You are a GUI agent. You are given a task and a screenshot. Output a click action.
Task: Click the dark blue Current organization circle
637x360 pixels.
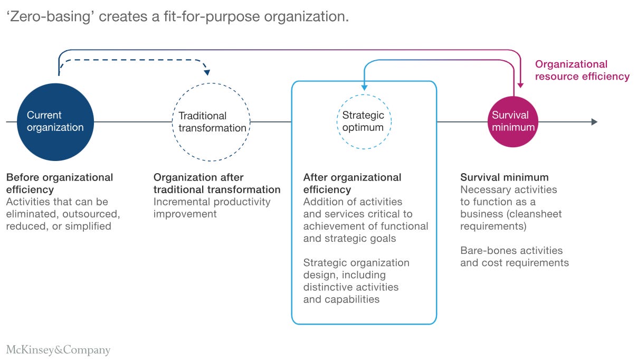pyautogui.click(x=55, y=122)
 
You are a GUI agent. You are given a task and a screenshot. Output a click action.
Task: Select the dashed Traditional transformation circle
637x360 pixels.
pyautogui.click(x=212, y=122)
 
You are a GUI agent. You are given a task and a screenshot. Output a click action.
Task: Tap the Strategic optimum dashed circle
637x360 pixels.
pyautogui.click(x=363, y=121)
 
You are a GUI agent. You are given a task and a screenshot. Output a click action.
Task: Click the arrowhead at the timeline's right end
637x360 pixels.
pyautogui.click(x=594, y=122)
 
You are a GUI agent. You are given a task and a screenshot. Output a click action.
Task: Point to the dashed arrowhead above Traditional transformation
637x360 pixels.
pyautogui.click(x=206, y=71)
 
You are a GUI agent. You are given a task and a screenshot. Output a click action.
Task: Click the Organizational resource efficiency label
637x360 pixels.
pyautogui.click(x=582, y=70)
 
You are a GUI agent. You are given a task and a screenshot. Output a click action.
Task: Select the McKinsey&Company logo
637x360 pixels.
pyautogui.click(x=58, y=349)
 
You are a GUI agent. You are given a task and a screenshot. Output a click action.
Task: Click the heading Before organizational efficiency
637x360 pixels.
pyautogui.click(x=59, y=183)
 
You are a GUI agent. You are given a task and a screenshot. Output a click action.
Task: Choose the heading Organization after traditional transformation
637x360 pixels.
pyautogui.click(x=216, y=183)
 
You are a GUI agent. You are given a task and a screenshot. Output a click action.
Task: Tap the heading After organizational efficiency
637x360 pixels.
pyautogui.click(x=352, y=183)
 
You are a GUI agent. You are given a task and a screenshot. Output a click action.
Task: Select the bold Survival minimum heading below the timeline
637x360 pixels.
pyautogui.click(x=504, y=177)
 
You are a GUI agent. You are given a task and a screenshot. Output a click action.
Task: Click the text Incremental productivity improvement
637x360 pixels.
pyautogui.click(x=212, y=207)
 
